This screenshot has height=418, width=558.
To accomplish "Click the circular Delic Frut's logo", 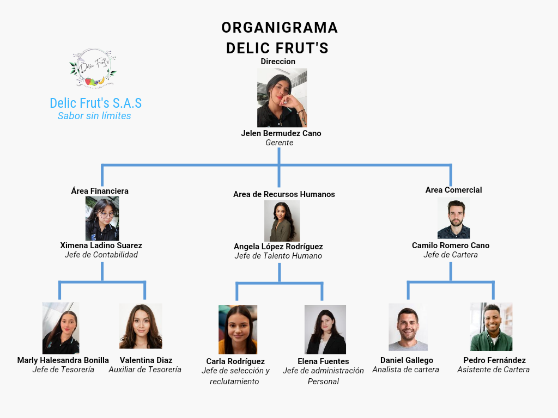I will (93, 69).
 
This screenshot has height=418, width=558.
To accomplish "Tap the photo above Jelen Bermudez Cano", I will (282, 97).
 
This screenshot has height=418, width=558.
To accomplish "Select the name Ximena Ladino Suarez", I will (101, 245).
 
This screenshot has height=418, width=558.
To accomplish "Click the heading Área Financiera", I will (100, 191).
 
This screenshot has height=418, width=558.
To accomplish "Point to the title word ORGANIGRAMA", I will (280, 28).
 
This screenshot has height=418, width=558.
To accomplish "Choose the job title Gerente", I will (280, 143).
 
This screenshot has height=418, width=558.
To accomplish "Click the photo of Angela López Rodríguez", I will (282, 221).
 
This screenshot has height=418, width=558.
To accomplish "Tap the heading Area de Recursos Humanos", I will (284, 194).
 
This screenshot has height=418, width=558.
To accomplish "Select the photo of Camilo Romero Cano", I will (453, 218).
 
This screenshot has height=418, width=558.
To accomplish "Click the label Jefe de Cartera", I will (451, 255).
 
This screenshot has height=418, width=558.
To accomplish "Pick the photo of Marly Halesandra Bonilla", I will (61, 328).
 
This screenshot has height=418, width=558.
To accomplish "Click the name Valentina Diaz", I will (146, 360).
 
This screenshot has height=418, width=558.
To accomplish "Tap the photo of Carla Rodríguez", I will (238, 329).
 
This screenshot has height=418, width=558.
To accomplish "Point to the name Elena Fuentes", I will (323, 361).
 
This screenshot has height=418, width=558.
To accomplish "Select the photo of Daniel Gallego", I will (408, 327).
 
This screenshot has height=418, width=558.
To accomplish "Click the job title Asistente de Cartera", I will (493, 370).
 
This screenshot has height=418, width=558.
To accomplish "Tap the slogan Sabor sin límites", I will (94, 115).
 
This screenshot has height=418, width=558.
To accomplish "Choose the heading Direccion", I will (278, 62).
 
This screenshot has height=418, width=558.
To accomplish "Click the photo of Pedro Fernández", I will (492, 327).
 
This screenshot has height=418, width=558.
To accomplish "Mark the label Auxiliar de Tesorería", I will (145, 370).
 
